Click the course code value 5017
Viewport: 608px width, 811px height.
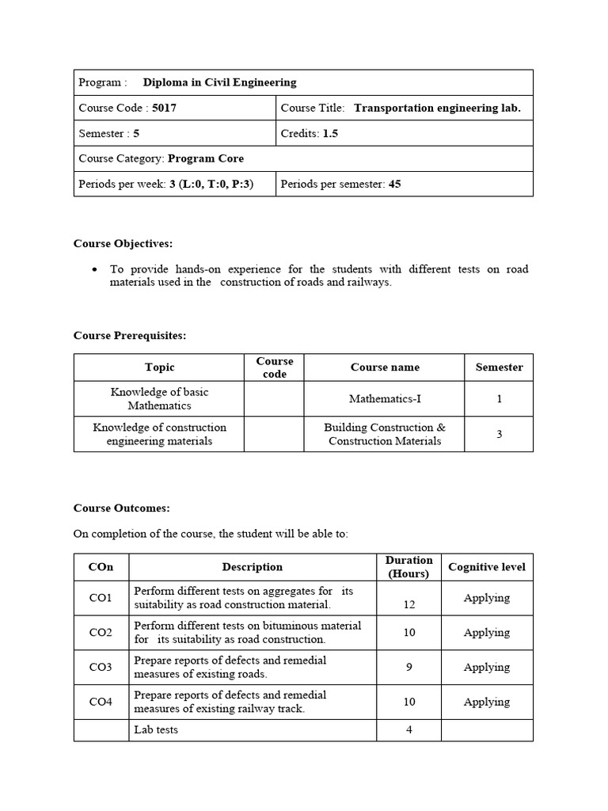click(164, 108)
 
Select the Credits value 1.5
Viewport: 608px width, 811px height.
click(329, 133)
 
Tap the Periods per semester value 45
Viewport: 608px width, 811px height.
click(394, 184)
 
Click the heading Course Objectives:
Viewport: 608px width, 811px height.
click(123, 243)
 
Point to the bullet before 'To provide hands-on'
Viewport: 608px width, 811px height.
click(95, 270)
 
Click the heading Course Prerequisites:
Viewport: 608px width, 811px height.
click(130, 335)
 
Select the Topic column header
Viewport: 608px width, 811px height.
click(159, 367)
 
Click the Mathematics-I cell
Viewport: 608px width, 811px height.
click(384, 398)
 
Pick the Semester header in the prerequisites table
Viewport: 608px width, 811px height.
click(499, 367)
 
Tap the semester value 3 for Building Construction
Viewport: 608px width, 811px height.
click(499, 434)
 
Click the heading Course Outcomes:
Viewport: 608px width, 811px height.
click(121, 508)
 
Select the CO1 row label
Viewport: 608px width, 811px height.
click(101, 598)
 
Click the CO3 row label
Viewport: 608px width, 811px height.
click(101, 667)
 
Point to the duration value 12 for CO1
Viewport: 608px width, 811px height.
click(408, 604)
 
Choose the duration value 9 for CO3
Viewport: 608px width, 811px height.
click(408, 667)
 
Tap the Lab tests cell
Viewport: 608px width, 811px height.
click(156, 729)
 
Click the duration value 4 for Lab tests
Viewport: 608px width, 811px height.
click(408, 729)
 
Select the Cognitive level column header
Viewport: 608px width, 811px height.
click(486, 567)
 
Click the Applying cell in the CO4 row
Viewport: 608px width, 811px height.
click(486, 702)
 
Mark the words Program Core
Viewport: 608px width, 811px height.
click(206, 158)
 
